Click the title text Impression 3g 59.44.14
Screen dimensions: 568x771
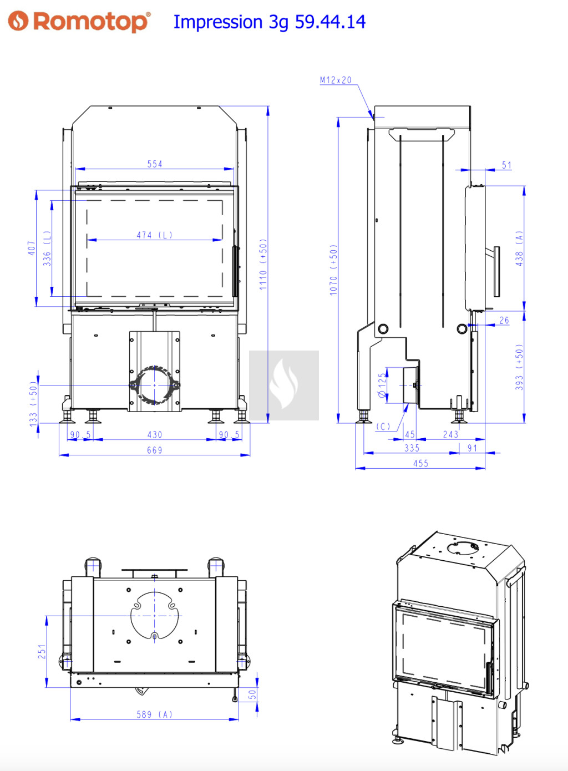click(269, 22)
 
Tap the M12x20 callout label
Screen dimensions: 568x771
click(336, 80)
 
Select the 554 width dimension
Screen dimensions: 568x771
click(155, 164)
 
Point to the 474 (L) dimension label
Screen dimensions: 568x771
click(155, 235)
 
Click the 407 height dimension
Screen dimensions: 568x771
click(32, 248)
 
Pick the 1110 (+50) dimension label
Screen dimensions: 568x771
click(263, 265)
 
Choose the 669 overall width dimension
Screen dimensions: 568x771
click(155, 450)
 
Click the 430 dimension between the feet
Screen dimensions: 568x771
click(155, 435)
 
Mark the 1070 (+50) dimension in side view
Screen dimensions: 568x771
click(333, 270)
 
